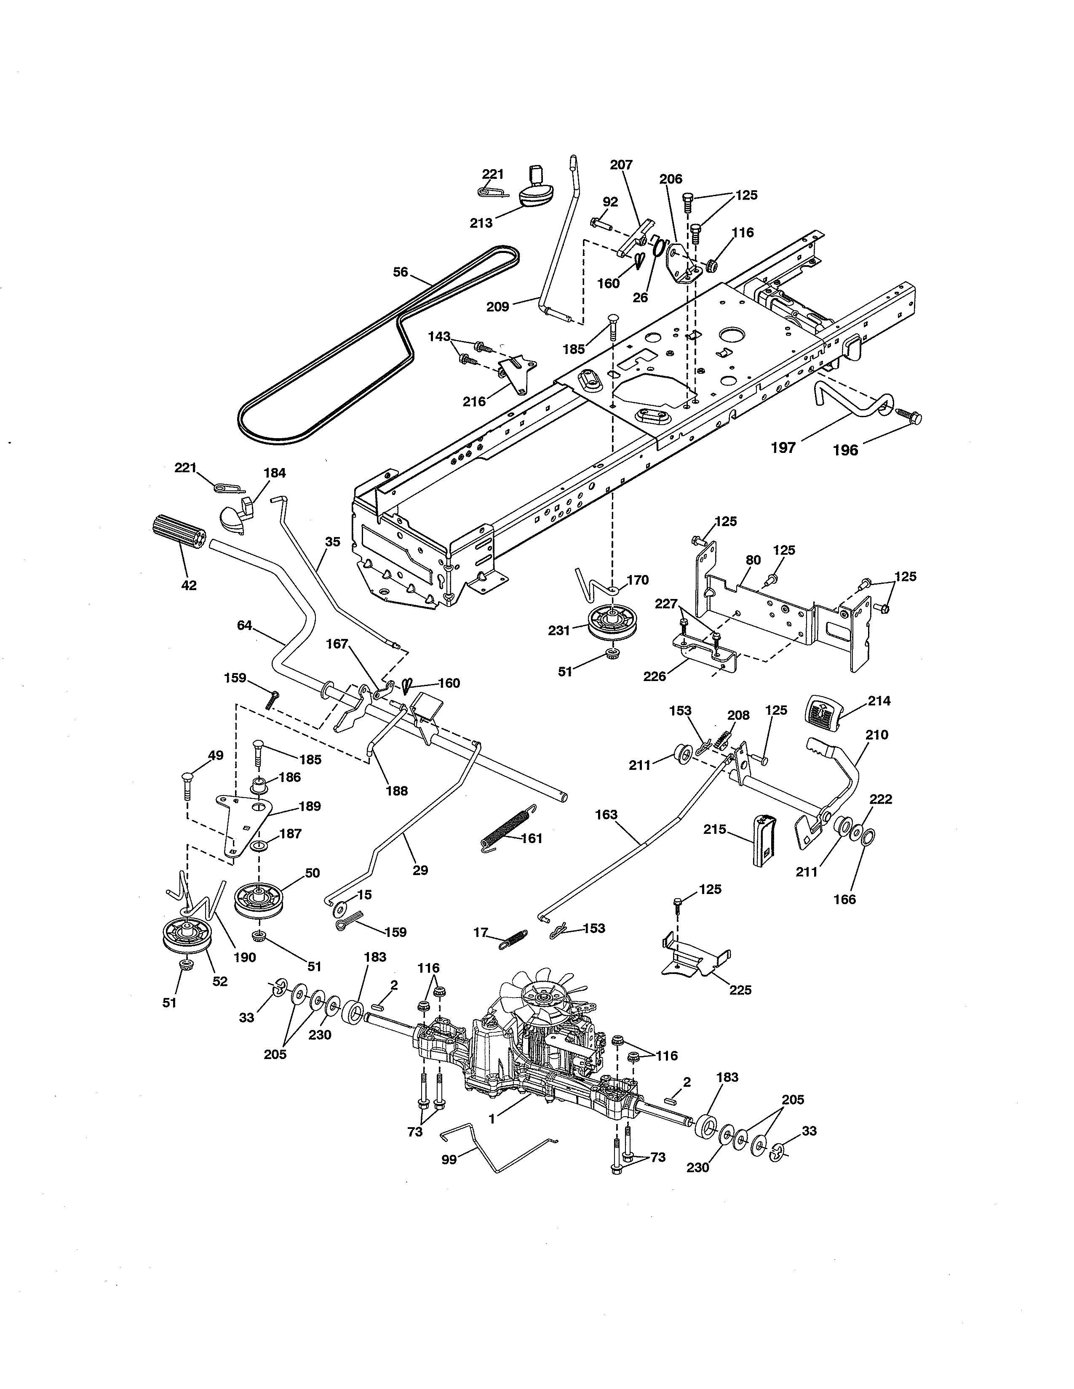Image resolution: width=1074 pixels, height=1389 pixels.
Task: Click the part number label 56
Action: [400, 272]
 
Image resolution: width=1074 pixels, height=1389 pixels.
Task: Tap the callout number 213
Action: [481, 223]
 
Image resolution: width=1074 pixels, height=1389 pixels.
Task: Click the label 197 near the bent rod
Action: [783, 448]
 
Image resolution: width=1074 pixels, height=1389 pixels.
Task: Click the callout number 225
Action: [740, 990]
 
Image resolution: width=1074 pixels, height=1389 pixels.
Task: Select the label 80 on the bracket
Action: [753, 560]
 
